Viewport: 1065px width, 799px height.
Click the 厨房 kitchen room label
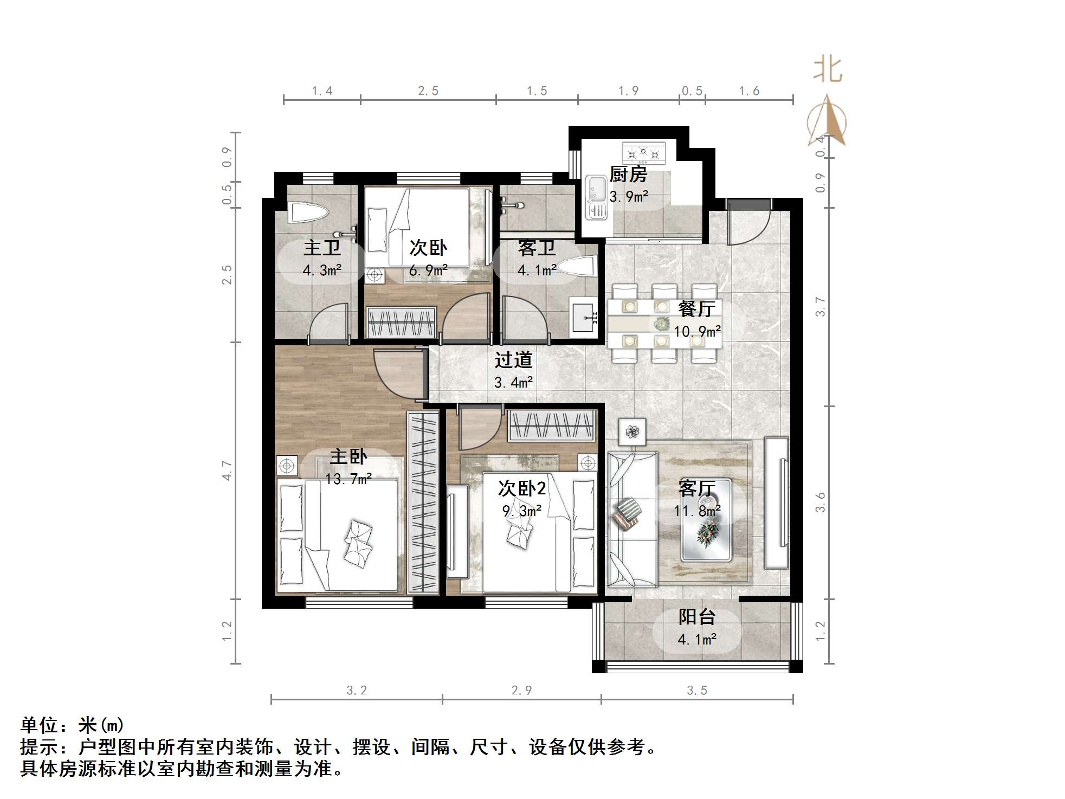(x=628, y=175)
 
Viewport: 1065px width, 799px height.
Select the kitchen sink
(x=596, y=198)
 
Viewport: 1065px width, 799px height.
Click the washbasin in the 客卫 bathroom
(x=584, y=315)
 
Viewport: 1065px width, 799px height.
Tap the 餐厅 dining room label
(x=696, y=309)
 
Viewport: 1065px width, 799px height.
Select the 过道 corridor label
(x=513, y=360)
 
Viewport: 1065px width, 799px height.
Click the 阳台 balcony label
(x=696, y=617)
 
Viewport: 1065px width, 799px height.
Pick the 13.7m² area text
(x=348, y=479)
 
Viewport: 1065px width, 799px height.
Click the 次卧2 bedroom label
(x=521, y=488)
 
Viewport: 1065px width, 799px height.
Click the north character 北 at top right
(x=827, y=70)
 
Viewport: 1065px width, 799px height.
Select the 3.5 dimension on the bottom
(x=696, y=691)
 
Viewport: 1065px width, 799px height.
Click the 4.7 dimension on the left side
(x=227, y=471)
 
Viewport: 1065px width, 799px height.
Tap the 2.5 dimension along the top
(x=428, y=91)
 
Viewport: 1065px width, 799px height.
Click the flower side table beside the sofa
(x=632, y=432)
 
